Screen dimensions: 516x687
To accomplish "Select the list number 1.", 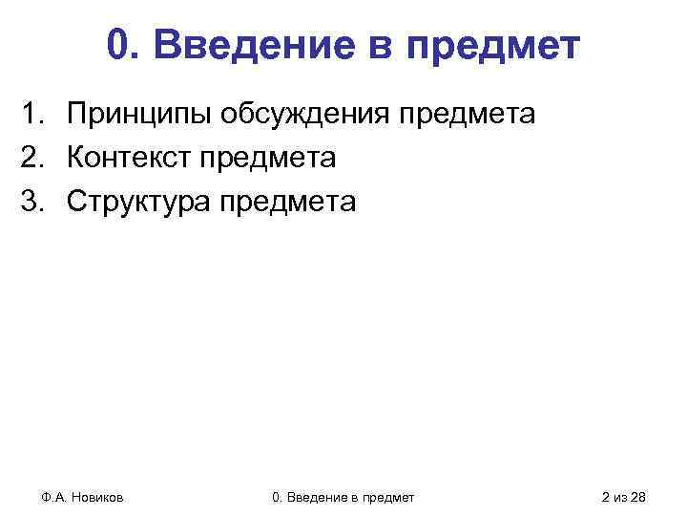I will pyautogui.click(x=35, y=116).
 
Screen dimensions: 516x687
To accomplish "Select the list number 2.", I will pyautogui.click(x=35, y=159).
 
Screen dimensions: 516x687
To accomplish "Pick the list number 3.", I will pyautogui.click(x=35, y=202).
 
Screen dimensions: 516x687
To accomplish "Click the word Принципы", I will pyautogui.click(x=141, y=116).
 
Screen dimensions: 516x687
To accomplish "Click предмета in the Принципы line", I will pyautogui.click(x=468, y=116).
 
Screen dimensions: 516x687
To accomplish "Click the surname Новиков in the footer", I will pyautogui.click(x=102, y=497).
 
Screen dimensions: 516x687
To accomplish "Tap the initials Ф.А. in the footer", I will pyautogui.click(x=53, y=497).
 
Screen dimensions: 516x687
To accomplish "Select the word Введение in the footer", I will pyautogui.click(x=323, y=497).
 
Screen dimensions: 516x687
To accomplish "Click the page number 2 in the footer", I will pyautogui.click(x=607, y=497).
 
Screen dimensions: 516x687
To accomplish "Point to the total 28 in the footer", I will pyautogui.click(x=638, y=497).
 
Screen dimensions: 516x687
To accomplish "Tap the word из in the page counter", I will pyautogui.click(x=621, y=497).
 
